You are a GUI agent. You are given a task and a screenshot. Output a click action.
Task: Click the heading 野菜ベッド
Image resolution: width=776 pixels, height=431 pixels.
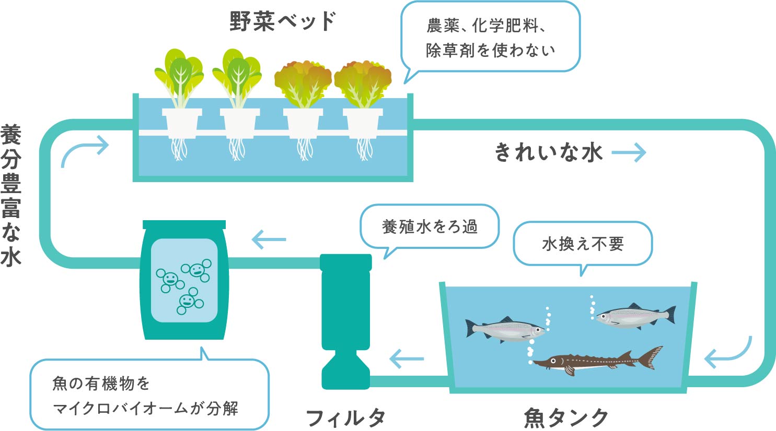(x=283, y=22)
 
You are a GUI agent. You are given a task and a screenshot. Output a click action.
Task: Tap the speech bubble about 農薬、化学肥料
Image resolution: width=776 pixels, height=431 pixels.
(x=490, y=38)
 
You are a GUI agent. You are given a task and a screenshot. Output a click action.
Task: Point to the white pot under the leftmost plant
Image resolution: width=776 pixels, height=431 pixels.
(x=181, y=123)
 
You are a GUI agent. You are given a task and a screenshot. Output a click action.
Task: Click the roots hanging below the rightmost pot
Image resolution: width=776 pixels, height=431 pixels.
(x=364, y=149)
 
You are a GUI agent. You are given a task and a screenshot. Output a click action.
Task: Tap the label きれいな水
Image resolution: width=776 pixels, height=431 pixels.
(x=548, y=152)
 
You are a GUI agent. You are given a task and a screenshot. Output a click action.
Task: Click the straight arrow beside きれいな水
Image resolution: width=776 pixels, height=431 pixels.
(x=629, y=152)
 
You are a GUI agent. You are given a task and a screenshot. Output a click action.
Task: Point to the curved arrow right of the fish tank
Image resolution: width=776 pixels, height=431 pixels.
(x=729, y=354)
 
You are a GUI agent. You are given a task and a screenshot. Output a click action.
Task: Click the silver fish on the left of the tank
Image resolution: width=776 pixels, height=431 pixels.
(x=505, y=329)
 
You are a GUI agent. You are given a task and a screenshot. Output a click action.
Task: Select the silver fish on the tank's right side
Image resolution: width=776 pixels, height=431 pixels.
(x=635, y=316)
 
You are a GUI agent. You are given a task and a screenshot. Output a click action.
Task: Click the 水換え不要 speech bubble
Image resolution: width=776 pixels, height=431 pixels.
(x=583, y=244)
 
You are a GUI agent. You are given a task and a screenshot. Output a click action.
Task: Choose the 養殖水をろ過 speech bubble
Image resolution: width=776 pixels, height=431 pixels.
(x=430, y=226)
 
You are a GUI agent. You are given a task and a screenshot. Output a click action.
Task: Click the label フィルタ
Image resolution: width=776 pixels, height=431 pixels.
(x=345, y=418)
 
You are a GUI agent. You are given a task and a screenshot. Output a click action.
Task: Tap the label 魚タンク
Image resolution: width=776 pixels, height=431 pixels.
(x=566, y=418)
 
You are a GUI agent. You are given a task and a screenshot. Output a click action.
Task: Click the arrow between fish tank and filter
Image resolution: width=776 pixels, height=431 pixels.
(x=407, y=359)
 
